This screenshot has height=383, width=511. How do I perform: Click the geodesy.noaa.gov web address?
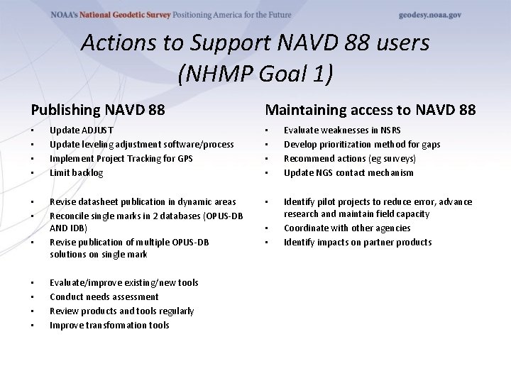430,15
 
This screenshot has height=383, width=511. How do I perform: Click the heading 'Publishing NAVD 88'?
98,110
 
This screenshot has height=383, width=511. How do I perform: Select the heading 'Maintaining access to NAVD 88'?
370,110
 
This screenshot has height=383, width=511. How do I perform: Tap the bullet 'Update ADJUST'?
82,131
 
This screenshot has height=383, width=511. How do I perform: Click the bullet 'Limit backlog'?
77,173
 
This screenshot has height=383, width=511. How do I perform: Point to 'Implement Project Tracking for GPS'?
121,159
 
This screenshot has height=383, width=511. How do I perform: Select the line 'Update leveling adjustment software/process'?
141,145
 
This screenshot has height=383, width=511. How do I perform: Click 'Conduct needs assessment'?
104,297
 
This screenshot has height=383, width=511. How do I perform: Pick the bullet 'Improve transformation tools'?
109,326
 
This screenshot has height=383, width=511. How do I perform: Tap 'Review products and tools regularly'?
121,311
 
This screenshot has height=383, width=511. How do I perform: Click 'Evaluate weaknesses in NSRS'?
342,131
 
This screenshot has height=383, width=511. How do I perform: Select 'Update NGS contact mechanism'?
348,173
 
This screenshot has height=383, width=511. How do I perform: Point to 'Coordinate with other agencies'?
347,228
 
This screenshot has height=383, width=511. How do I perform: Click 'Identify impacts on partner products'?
358,243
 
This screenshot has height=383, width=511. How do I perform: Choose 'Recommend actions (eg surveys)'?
350,159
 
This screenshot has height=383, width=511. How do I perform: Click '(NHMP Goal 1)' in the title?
255,73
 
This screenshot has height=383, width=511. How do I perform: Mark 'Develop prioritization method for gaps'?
362,145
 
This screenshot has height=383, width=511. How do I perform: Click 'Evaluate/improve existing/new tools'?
124,283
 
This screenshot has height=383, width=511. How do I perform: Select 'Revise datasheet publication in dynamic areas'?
143,202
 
